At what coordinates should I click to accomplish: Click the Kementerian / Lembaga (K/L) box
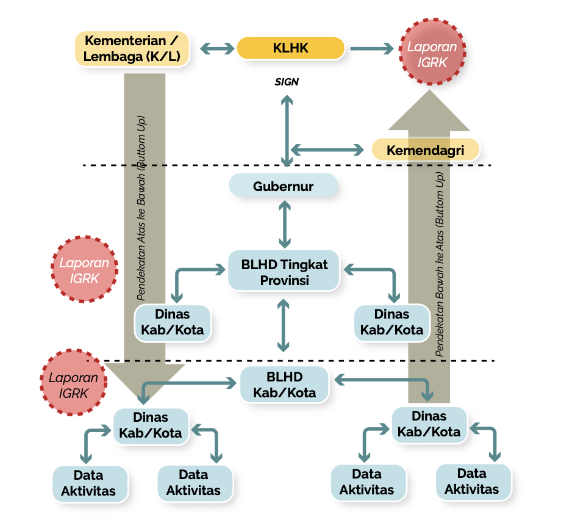(x=132, y=49)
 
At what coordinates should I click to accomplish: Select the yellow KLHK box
(x=290, y=48)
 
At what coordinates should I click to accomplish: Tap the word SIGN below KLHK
(x=287, y=82)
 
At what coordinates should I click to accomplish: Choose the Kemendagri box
(x=425, y=150)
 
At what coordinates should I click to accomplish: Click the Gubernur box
(x=283, y=186)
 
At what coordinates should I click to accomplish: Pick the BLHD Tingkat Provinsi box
(x=284, y=272)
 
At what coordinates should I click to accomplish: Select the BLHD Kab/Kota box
(x=284, y=385)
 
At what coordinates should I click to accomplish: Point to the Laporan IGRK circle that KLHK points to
(x=432, y=54)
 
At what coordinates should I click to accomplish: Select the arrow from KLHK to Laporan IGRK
(x=371, y=48)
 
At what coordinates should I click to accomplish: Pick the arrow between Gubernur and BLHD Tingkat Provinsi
(x=284, y=223)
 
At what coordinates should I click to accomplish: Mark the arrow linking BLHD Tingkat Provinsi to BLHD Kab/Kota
(x=284, y=325)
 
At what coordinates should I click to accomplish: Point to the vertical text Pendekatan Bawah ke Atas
(x=440, y=262)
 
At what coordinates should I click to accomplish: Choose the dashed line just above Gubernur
(x=183, y=165)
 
